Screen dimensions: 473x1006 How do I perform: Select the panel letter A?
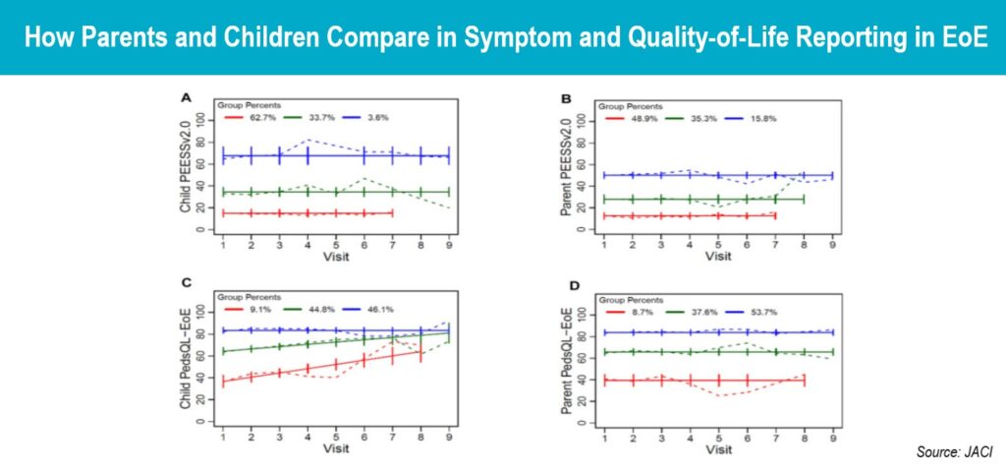pyautogui.click(x=185, y=97)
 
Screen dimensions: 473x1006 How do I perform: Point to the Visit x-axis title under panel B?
pyautogui.click(x=718, y=257)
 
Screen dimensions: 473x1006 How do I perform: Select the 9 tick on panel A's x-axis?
pyautogui.click(x=449, y=245)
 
